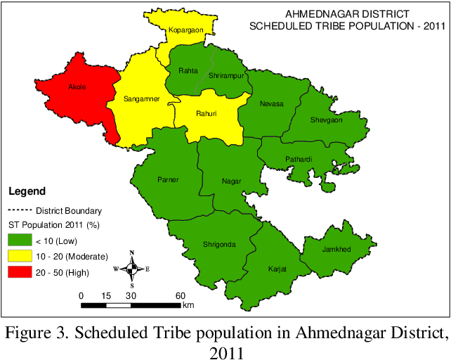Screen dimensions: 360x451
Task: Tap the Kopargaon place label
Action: click(x=185, y=30)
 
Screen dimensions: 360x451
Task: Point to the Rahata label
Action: click(x=188, y=71)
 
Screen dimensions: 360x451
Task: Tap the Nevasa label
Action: click(x=272, y=103)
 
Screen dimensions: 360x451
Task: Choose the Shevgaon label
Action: click(x=326, y=120)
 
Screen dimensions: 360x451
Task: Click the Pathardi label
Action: click(x=299, y=160)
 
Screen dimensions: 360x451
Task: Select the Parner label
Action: click(x=169, y=179)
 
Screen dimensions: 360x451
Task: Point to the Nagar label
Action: click(x=231, y=181)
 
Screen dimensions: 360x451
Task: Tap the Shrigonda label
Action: click(x=219, y=244)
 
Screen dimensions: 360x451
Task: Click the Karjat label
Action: click(x=277, y=269)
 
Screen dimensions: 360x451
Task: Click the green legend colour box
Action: click(x=20, y=240)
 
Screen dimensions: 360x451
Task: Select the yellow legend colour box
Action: click(x=20, y=255)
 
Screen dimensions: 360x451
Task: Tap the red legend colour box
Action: click(x=20, y=272)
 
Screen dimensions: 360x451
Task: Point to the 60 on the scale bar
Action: click(x=180, y=296)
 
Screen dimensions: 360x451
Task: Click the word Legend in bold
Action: click(x=27, y=191)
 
